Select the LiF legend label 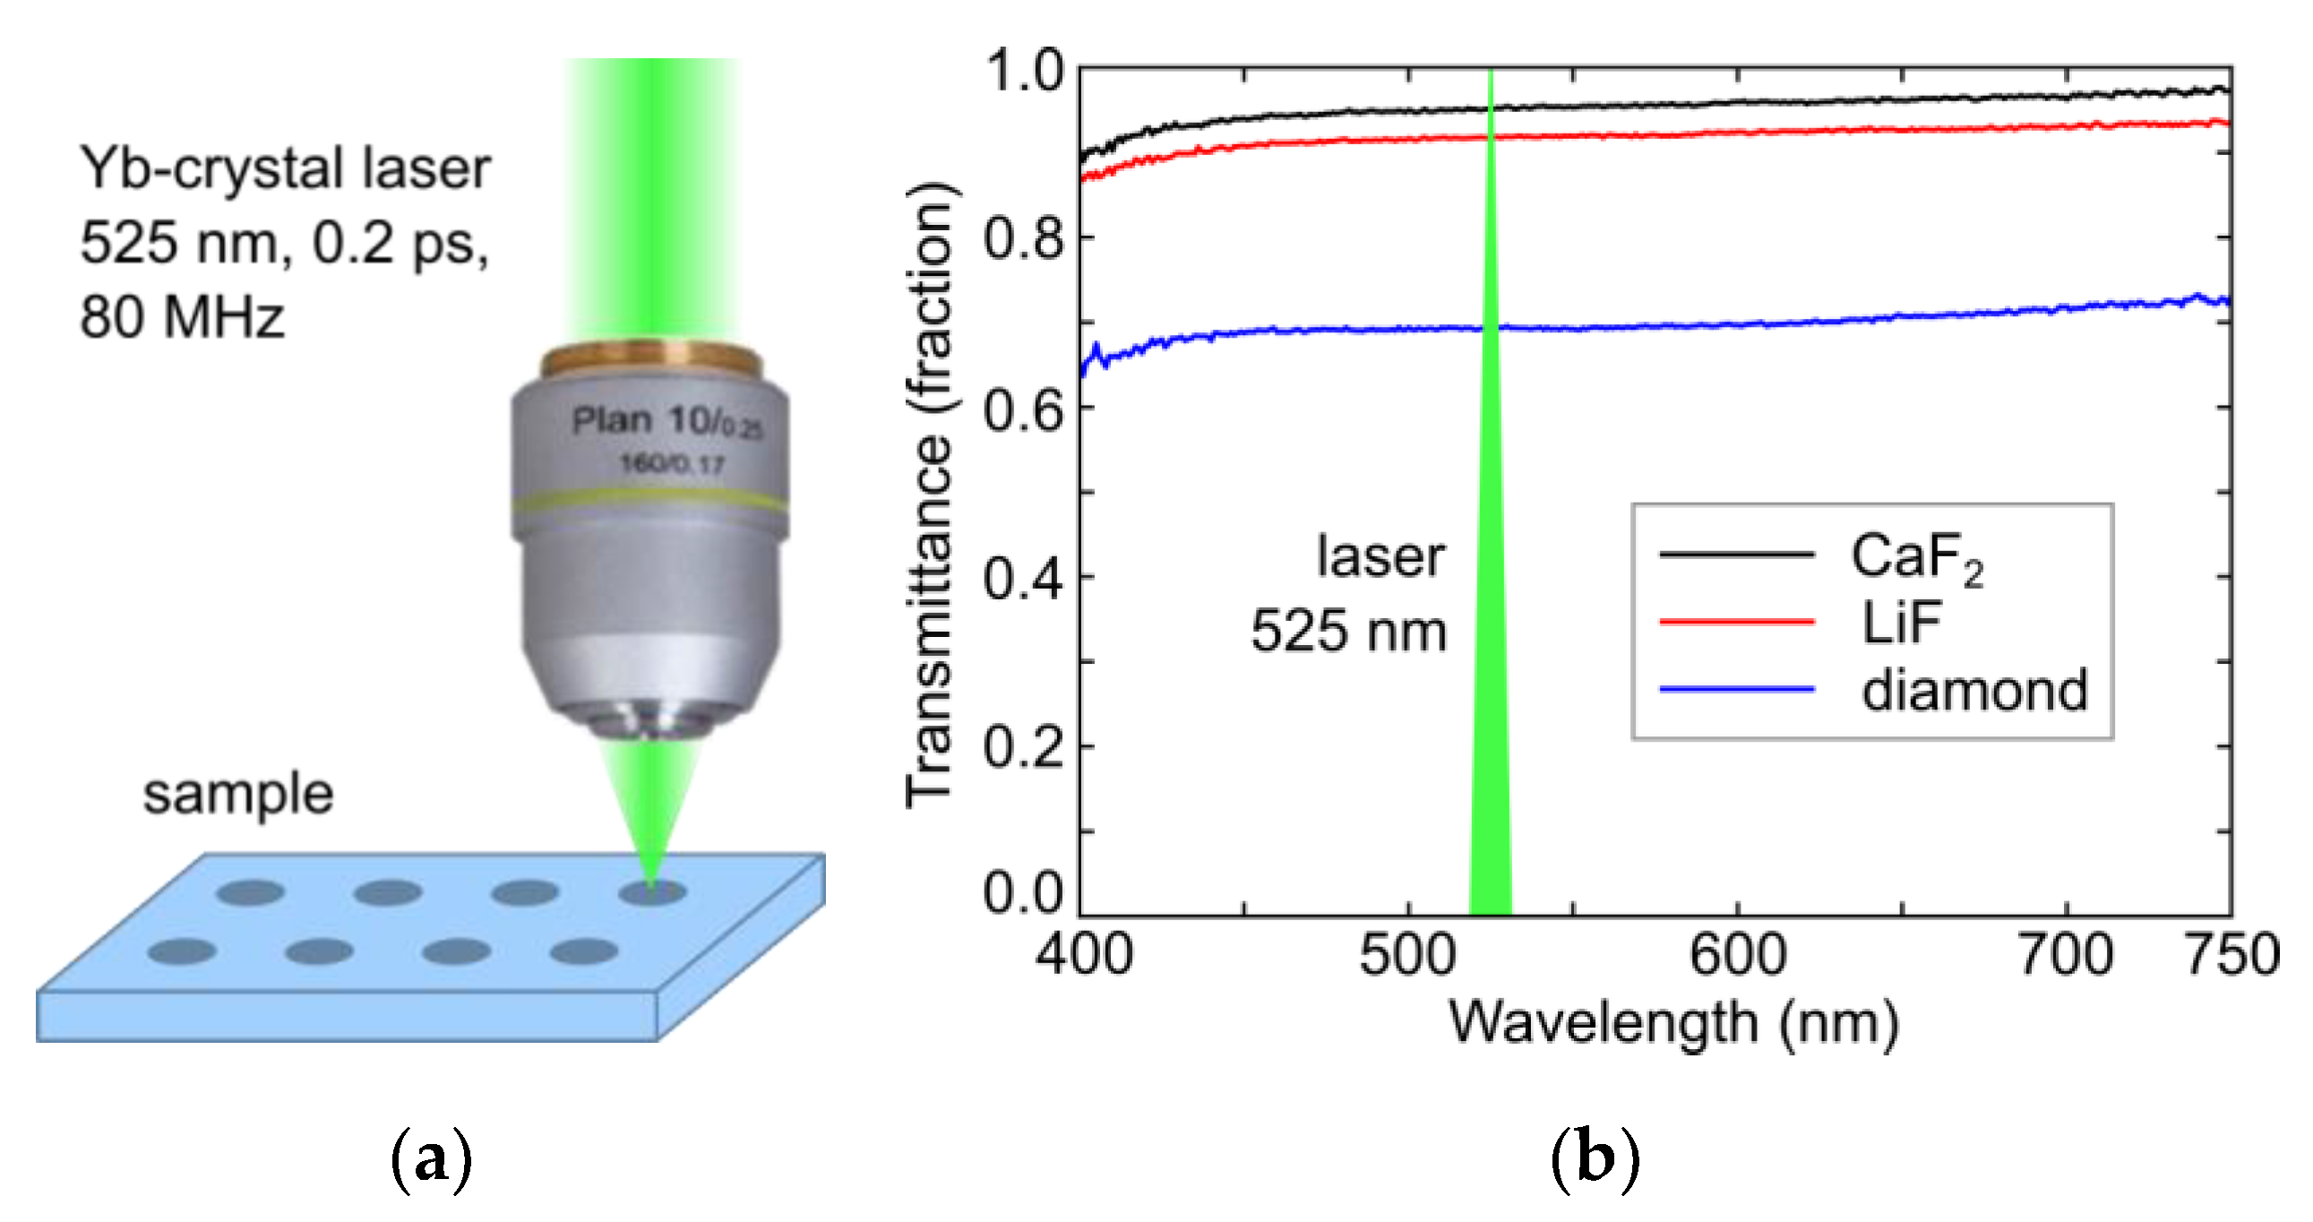click(1901, 623)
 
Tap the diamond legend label click(1974, 691)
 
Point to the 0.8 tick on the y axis click(1024, 239)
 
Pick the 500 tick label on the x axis click(1407, 954)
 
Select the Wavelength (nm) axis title click(1673, 1023)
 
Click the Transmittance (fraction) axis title click(930, 494)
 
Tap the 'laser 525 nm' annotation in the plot click(1351, 593)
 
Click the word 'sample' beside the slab click(238, 795)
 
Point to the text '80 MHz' click(182, 318)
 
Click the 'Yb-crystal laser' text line click(286, 168)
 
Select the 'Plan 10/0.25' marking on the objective click(666, 421)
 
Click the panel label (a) click(432, 1159)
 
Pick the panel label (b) click(1595, 1159)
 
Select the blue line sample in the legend click(1737, 690)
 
